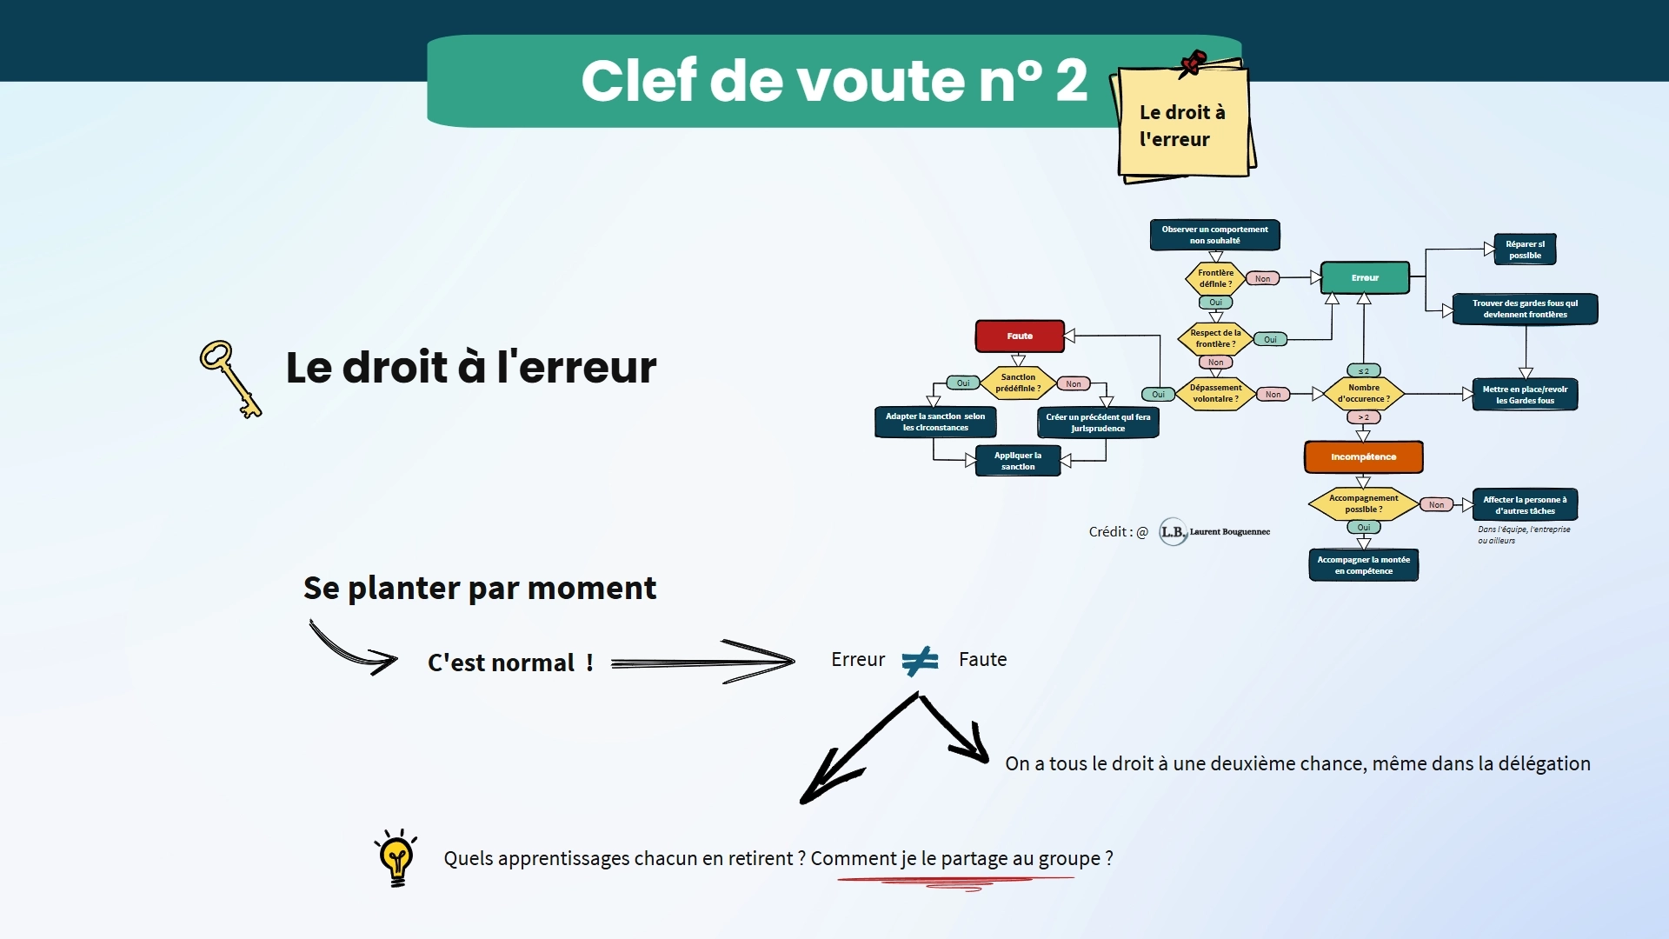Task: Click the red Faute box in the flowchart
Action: [x=1020, y=336]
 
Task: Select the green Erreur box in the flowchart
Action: [x=1365, y=277]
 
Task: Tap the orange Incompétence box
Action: [x=1363, y=456]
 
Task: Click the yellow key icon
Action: [x=230, y=379]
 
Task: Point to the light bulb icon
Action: [x=396, y=857]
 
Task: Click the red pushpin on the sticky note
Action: [x=1193, y=63]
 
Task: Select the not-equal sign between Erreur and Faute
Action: [x=921, y=661]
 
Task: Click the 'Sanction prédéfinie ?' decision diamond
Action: [x=1018, y=383]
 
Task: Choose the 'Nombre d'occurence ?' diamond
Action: [x=1363, y=394]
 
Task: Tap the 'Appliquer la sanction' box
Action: [x=1018, y=461]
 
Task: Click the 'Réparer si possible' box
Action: [x=1525, y=250]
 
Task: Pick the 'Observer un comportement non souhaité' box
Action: [x=1214, y=235]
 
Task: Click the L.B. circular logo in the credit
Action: [x=1174, y=531]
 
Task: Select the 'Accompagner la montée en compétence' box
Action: [x=1363, y=565]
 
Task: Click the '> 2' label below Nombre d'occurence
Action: [x=1363, y=417]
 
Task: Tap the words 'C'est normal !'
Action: [x=510, y=663]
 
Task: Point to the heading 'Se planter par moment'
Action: [x=480, y=589]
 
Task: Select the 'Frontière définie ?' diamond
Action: [x=1215, y=278]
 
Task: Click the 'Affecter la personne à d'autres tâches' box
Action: [x=1525, y=505]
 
